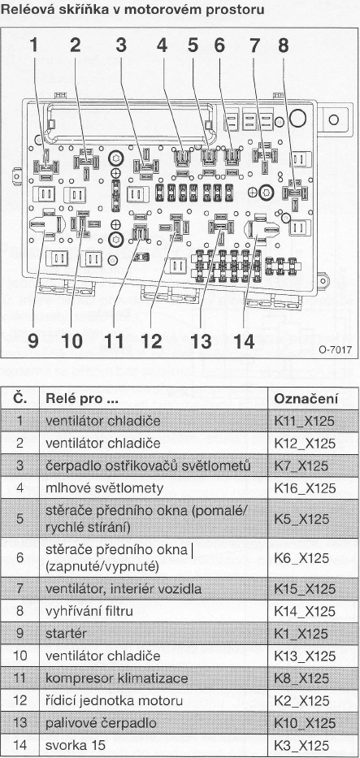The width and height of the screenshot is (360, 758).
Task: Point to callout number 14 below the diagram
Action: [244, 340]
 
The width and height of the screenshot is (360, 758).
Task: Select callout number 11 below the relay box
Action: [115, 340]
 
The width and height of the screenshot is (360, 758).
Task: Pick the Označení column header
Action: [305, 399]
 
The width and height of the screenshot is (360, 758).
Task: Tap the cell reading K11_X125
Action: [305, 421]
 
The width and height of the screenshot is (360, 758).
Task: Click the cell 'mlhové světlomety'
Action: [104, 488]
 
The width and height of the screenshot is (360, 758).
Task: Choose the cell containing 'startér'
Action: [65, 633]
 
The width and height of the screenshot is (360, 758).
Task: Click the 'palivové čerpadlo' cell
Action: [101, 723]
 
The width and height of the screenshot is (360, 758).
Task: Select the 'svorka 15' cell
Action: [75, 746]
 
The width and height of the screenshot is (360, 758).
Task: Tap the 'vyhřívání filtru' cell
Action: [89, 611]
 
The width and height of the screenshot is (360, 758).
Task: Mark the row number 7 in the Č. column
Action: [20, 589]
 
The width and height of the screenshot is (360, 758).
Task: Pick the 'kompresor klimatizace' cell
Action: [116, 678]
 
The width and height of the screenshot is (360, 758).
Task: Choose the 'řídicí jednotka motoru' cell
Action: [114, 700]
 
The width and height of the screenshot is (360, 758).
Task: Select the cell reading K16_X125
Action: [305, 488]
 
